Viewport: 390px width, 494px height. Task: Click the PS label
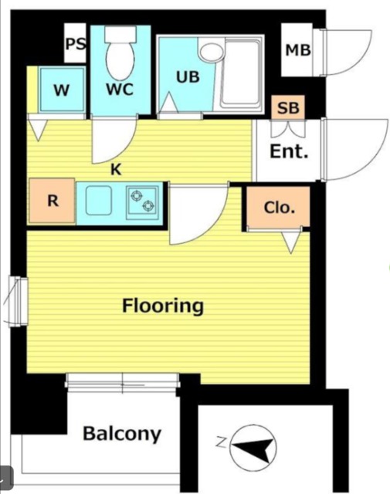point(76,44)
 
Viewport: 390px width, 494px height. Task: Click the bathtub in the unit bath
point(240,73)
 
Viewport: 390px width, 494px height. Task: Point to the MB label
point(298,50)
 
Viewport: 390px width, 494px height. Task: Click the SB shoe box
point(288,107)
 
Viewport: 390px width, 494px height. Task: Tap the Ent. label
point(289,151)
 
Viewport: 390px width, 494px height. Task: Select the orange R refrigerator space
point(52,201)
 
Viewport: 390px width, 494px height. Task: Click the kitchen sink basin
point(99,201)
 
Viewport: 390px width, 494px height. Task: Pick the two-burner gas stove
point(143,201)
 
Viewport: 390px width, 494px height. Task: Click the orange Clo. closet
point(278,206)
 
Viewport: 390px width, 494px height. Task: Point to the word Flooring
point(163,306)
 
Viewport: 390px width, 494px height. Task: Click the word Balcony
point(122,434)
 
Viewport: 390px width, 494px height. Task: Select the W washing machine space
point(62,90)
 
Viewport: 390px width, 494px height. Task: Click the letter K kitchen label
point(116,170)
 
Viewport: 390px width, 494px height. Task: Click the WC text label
point(120,90)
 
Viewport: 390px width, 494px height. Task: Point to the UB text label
point(188,77)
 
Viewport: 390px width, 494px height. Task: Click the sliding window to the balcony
point(122,383)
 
